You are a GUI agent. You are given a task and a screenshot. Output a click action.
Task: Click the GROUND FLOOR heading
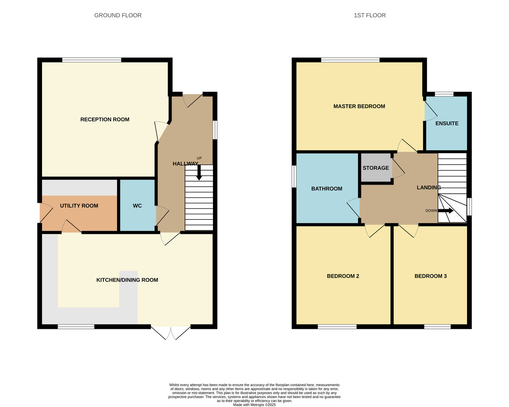[x=118, y=15]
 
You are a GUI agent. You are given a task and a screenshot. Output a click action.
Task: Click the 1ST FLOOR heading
[x=369, y=15]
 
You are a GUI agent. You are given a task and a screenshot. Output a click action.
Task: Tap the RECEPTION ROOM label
[x=105, y=119]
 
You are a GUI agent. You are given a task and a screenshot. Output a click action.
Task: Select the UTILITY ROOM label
[x=79, y=206]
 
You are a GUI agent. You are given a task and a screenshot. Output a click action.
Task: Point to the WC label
[x=137, y=206]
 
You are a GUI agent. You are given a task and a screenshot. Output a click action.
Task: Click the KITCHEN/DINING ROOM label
[x=127, y=280]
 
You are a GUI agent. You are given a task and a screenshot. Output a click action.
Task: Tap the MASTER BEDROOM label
[x=359, y=106]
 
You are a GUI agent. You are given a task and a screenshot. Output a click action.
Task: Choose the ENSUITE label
[x=447, y=124]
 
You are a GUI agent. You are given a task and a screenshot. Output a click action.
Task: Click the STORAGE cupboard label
[x=375, y=168]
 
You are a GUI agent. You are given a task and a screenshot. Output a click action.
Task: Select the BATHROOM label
[x=327, y=189]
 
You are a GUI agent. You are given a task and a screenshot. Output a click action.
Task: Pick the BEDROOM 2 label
[x=343, y=276]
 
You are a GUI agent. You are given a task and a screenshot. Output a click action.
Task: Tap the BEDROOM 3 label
[x=431, y=276]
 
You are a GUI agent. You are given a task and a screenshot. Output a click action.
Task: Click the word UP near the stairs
[x=199, y=158]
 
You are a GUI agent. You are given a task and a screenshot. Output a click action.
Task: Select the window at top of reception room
[x=92, y=60]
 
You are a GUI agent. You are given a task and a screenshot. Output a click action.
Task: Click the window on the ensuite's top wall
[x=444, y=94]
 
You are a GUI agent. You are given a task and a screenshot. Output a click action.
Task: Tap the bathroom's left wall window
[x=294, y=176]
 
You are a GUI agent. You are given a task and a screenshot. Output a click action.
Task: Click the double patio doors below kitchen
[x=171, y=332]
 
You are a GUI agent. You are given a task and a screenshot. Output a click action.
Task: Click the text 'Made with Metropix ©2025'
[x=255, y=405]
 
